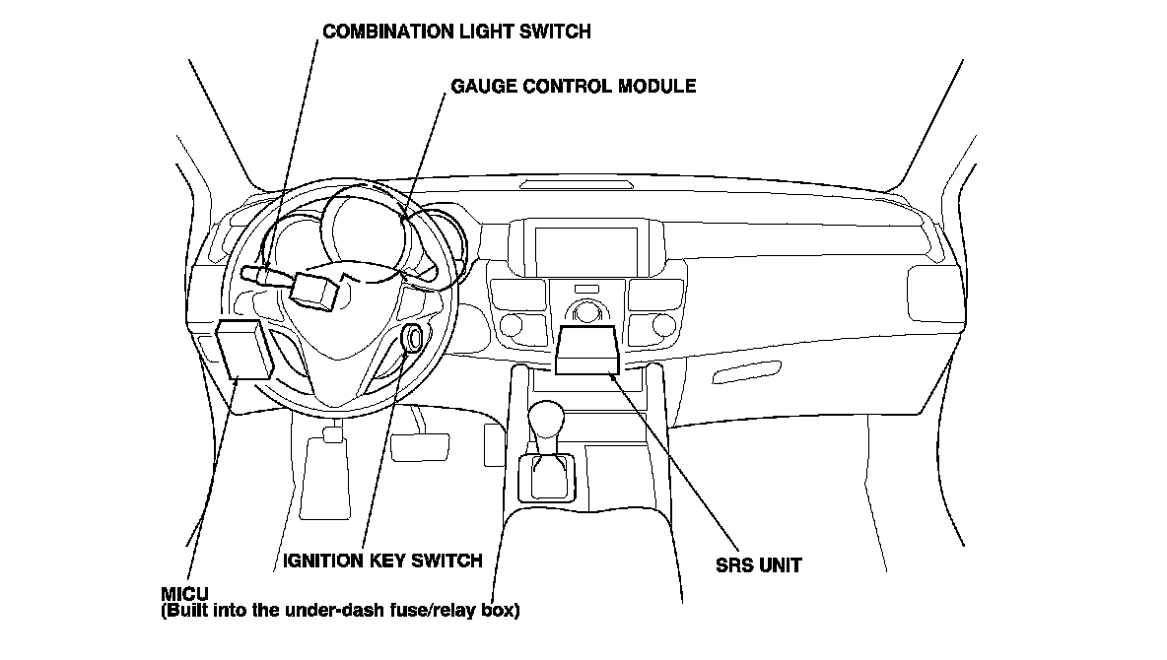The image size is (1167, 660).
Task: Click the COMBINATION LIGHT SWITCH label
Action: point(457,32)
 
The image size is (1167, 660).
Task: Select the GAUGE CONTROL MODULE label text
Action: point(573,86)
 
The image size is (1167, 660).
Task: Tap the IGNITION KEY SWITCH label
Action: point(382,561)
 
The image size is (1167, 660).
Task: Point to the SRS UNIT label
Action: point(759,565)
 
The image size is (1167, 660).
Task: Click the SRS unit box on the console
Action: point(586,351)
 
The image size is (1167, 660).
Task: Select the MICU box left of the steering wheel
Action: point(243,350)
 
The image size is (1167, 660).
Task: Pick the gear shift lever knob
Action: point(546,422)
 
